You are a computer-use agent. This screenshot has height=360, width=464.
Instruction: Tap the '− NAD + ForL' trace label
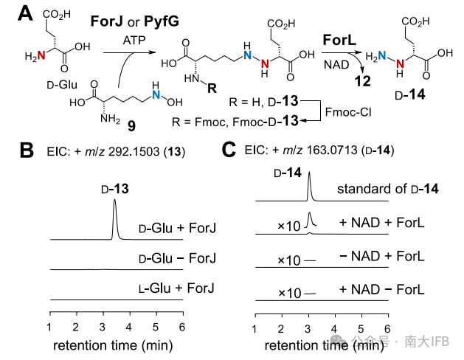(x=381, y=256)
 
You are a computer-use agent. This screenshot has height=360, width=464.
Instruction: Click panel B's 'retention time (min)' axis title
(x=115, y=344)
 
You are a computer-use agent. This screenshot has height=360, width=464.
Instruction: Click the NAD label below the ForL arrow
(x=332, y=66)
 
